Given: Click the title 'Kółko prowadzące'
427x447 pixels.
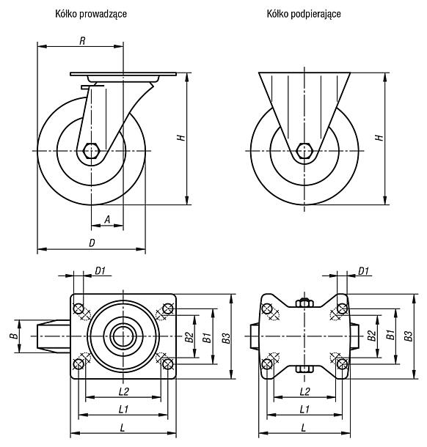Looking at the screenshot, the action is point(91,14).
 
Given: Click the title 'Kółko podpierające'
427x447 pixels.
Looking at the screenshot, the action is point(304,14).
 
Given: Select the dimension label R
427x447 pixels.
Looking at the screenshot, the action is point(82,41).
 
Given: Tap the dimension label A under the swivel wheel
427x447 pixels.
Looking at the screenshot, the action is point(107,220).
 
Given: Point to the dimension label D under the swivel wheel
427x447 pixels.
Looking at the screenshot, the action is point(92,243).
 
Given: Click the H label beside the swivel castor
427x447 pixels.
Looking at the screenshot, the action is point(181,138).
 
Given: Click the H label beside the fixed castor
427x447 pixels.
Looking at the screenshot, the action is point(380,138).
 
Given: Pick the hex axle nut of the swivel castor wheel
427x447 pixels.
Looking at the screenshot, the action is point(91,150).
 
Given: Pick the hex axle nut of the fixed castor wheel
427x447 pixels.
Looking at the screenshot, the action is point(304,150).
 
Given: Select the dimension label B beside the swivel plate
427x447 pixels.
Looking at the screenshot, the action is point(15,336).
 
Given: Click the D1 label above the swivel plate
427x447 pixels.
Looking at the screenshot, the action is point(101,271).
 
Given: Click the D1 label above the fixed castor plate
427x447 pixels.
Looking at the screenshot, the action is point(363,271).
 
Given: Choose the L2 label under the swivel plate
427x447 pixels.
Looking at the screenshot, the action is point(123,391).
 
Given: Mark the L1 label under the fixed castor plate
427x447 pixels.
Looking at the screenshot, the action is point(304,410).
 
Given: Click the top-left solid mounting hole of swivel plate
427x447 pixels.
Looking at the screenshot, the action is point(79,309).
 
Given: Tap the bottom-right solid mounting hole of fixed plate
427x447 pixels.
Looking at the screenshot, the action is point(342,364).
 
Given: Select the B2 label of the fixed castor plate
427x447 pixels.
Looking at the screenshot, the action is point(371,336).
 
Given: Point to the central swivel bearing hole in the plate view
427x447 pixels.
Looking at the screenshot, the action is point(123,336).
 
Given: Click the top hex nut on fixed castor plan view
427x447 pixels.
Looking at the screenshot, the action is point(304,303).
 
